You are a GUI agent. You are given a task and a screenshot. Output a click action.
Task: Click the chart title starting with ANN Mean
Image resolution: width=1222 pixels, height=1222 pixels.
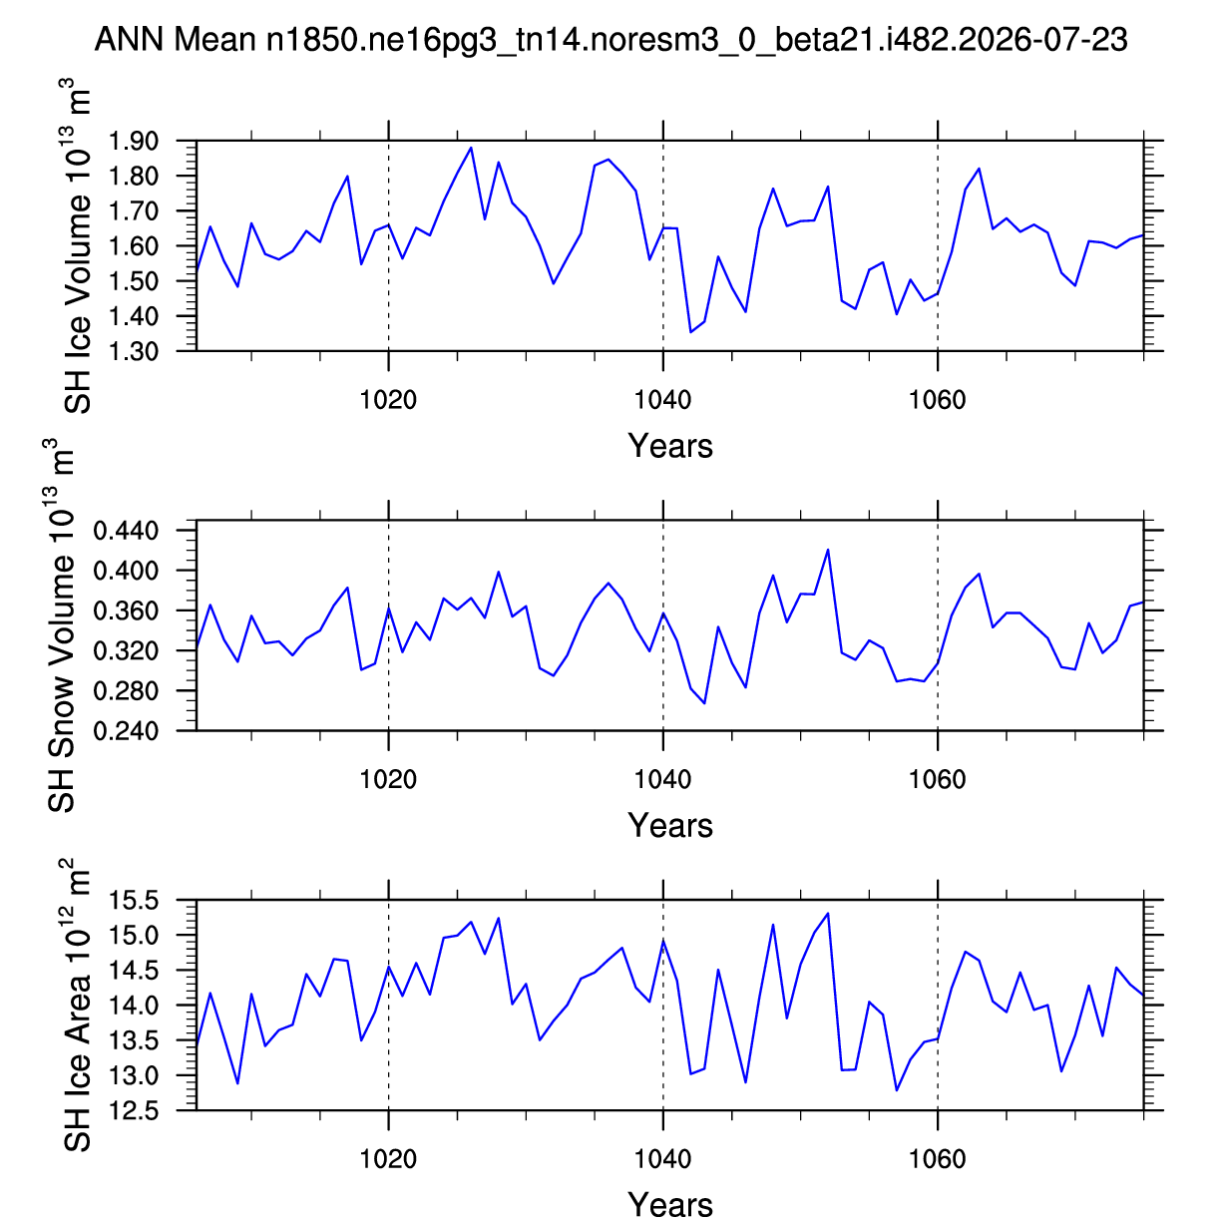(611, 39)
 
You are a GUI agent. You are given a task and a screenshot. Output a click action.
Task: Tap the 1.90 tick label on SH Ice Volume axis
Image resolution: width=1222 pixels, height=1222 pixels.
(133, 141)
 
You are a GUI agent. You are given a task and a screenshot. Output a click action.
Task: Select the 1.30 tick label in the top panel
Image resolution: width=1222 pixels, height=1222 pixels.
(133, 351)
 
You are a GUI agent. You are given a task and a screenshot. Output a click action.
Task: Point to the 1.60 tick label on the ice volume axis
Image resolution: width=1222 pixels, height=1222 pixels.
(133, 246)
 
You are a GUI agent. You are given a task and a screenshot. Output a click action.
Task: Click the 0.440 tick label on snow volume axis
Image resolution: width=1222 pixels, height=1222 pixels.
(126, 530)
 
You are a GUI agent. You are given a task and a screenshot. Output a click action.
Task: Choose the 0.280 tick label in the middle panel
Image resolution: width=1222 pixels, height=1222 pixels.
(126, 690)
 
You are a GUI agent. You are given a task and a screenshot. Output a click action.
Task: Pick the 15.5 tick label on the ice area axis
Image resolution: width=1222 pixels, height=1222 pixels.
(133, 900)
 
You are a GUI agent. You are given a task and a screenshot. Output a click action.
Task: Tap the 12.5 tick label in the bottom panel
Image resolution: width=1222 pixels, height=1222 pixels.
(133, 1110)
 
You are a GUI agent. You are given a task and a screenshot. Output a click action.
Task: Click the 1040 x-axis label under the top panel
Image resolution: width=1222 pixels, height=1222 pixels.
(662, 399)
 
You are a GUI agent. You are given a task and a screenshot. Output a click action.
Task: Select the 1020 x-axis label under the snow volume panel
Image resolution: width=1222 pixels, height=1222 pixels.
(388, 779)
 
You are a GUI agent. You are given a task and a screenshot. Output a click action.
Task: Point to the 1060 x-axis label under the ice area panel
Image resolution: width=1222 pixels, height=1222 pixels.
(938, 1159)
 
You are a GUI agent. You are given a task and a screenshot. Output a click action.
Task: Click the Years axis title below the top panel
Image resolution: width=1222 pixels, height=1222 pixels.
(670, 446)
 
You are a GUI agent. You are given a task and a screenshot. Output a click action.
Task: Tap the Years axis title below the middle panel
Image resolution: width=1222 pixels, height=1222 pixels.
(670, 826)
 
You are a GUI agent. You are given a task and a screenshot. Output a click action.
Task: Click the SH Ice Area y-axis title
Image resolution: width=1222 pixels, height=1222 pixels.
(76, 1006)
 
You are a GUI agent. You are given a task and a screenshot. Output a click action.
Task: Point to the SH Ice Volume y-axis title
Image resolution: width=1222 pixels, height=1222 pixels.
(76, 246)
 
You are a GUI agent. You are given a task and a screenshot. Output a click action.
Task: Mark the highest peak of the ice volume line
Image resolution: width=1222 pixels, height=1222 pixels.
(471, 148)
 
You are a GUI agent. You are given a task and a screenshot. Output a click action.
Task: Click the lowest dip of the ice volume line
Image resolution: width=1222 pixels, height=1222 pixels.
(690, 332)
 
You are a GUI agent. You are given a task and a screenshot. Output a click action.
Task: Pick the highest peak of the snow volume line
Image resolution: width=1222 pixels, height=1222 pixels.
(828, 550)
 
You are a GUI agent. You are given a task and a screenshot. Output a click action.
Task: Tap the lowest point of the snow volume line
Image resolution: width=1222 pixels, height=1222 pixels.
(704, 703)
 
